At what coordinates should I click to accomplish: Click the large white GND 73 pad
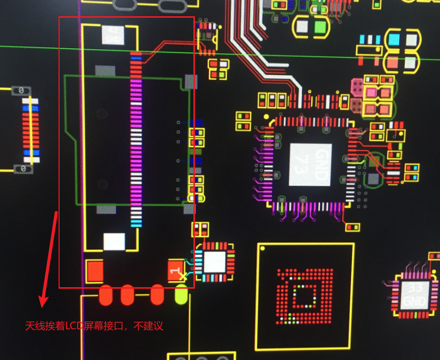310,164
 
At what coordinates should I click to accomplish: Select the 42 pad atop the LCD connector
113,35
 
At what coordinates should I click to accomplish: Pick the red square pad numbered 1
176,271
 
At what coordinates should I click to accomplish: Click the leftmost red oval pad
106,295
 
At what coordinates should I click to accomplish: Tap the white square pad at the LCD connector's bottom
114,241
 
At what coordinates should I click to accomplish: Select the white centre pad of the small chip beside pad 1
214,262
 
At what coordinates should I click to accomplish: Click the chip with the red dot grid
304,297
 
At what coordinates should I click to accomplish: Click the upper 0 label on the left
21,90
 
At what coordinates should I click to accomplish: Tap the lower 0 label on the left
22,169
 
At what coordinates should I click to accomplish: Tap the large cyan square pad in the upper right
394,39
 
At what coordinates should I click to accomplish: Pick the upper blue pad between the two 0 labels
31,101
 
